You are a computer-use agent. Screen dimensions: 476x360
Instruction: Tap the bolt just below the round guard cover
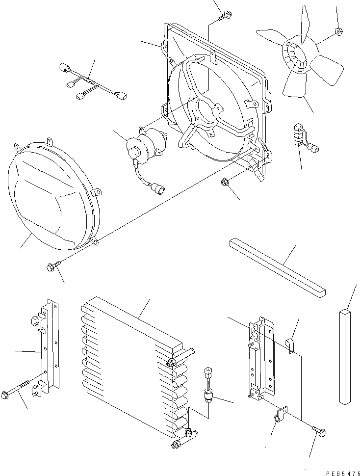click(51, 267)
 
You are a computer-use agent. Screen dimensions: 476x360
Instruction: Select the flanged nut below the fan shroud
click(224, 183)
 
